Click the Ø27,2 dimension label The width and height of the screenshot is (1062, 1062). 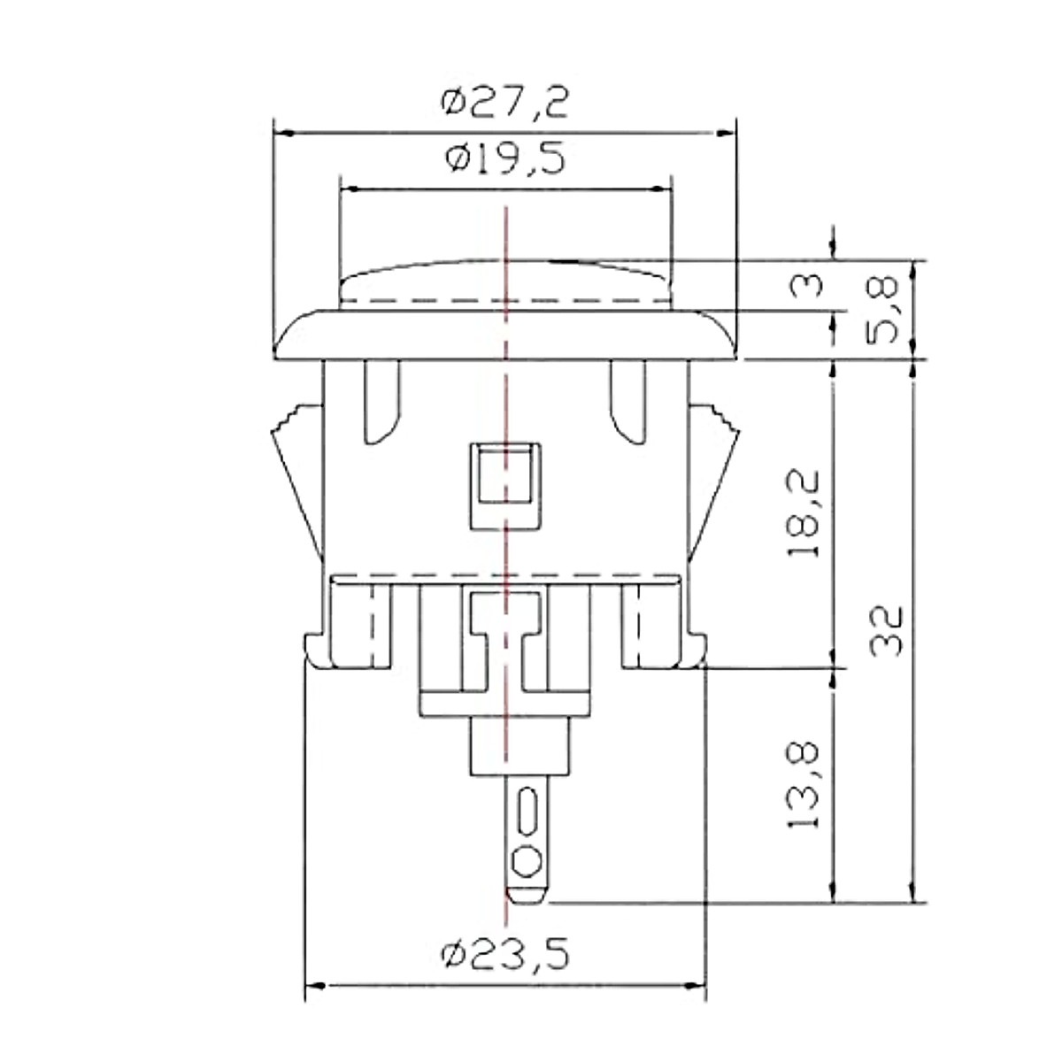[504, 103]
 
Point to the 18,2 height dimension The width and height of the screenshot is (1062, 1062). [803, 513]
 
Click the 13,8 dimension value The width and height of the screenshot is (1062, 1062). [803, 785]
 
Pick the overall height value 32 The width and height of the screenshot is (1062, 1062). [886, 631]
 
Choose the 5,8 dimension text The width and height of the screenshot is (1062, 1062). [882, 311]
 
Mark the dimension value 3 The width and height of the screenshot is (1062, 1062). [805, 286]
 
